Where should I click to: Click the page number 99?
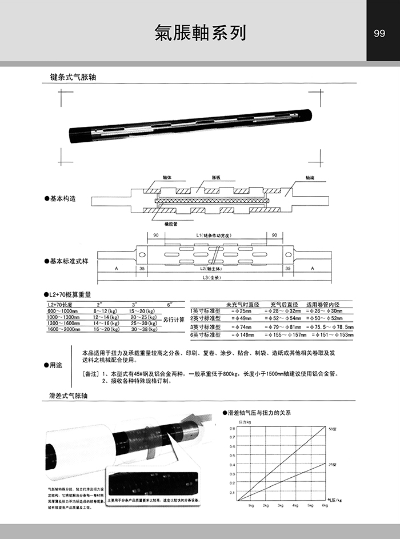[379, 34]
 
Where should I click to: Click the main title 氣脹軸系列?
[200, 33]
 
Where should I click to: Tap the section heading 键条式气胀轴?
[77, 77]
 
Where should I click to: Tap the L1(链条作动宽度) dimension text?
[212, 235]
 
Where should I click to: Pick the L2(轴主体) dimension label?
[212, 267]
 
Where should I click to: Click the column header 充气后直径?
[284, 304]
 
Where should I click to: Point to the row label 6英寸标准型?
[205, 334]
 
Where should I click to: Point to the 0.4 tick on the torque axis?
[232, 464]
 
